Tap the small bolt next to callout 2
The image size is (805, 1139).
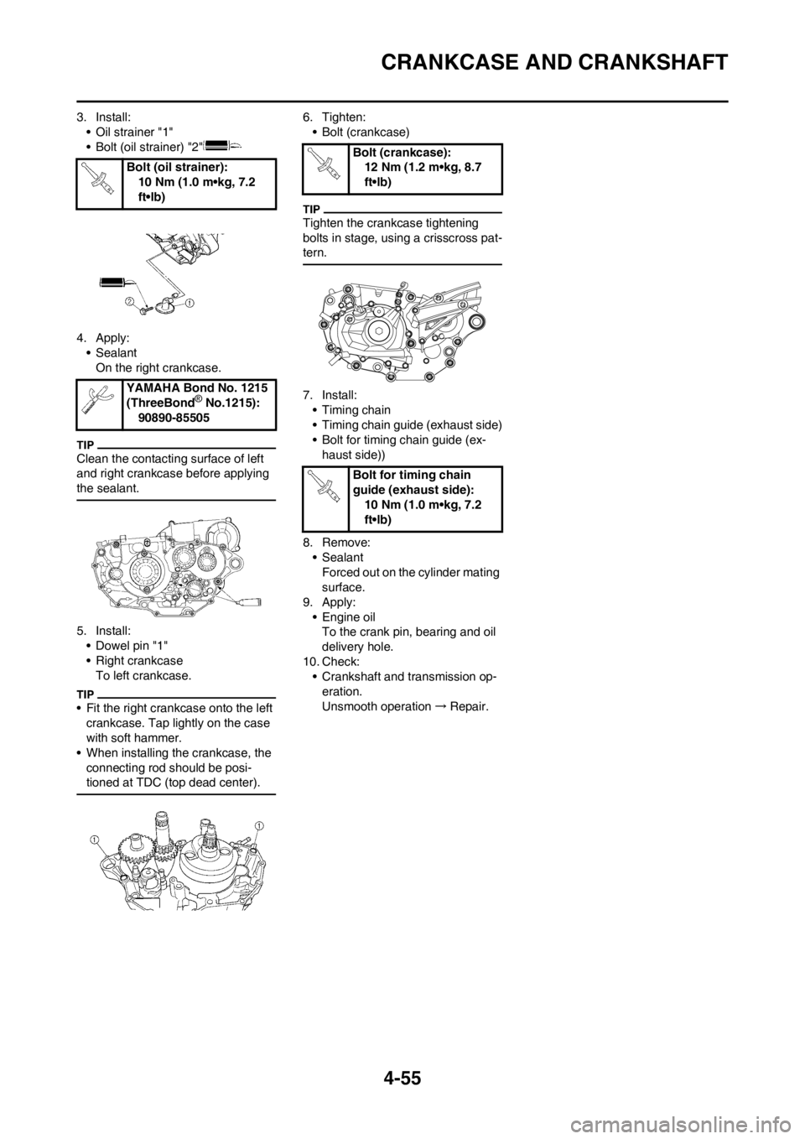pyautogui.click(x=145, y=307)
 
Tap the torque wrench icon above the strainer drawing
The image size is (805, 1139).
pyautogui.click(x=99, y=177)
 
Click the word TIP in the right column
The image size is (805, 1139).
pyautogui.click(x=312, y=205)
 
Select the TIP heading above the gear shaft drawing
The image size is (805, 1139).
pyautogui.click(x=85, y=694)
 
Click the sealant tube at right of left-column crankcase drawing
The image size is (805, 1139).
pyautogui.click(x=251, y=601)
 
